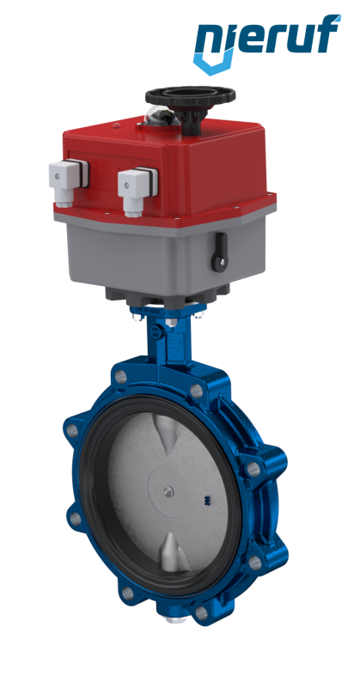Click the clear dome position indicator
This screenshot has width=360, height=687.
click(162, 116)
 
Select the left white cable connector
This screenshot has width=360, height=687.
click(67, 182)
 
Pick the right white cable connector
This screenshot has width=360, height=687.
click(137, 190)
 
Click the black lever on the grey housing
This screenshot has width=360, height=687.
click(220, 252)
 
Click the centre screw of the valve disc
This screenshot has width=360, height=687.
click(168, 492)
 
